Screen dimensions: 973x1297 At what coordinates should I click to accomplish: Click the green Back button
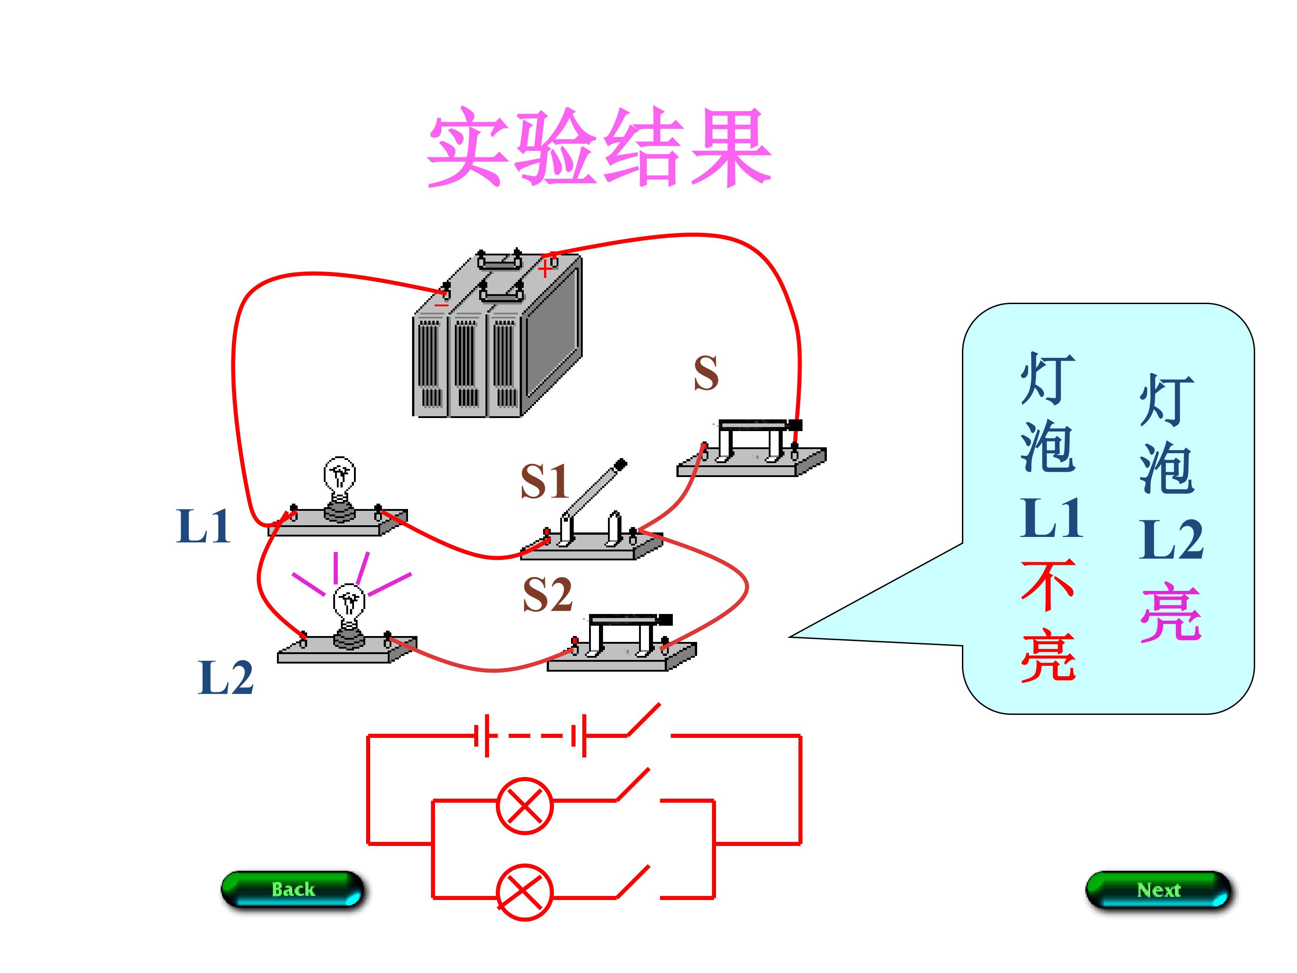coord(293,889)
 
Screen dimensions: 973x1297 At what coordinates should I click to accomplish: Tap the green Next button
coord(1158,890)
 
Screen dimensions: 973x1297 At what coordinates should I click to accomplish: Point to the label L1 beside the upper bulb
coord(203,526)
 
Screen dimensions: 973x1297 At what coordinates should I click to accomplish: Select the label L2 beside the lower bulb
coord(226,677)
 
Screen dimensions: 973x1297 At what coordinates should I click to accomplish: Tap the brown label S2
coord(547,594)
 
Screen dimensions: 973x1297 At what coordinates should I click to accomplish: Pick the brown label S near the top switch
coord(706,373)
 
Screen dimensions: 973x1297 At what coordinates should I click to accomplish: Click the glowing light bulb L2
coord(349,610)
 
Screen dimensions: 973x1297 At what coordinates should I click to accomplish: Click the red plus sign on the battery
coord(545,269)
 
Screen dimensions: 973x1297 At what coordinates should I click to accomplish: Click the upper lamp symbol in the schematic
coord(524,805)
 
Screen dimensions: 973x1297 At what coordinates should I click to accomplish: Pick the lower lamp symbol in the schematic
coord(524,892)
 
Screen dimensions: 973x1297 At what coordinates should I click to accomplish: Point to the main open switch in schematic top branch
coord(645,721)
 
